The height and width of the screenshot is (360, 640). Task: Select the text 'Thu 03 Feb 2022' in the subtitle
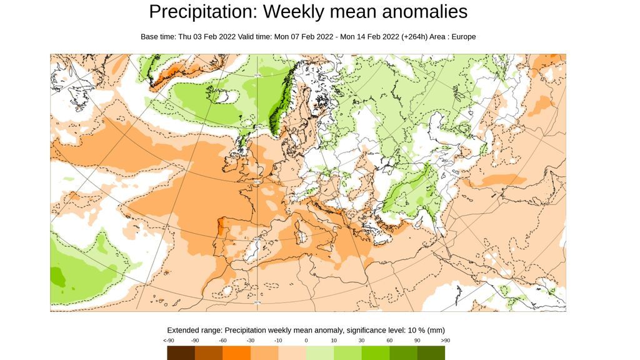click(x=207, y=37)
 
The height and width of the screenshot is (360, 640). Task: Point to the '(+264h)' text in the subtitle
click(x=416, y=37)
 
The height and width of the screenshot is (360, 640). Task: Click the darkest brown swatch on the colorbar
click(x=181, y=353)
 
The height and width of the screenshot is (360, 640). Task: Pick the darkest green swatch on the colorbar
click(x=431, y=353)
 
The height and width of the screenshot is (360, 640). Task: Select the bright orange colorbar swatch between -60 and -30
click(x=236, y=353)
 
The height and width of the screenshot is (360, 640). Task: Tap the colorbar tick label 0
click(x=306, y=340)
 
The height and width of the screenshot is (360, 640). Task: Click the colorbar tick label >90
click(x=444, y=340)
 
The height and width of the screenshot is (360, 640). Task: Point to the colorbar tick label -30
click(x=251, y=340)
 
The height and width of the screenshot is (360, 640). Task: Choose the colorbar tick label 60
click(x=389, y=340)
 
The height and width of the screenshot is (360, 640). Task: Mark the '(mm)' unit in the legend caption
click(x=436, y=330)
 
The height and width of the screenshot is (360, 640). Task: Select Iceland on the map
click(x=225, y=97)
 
